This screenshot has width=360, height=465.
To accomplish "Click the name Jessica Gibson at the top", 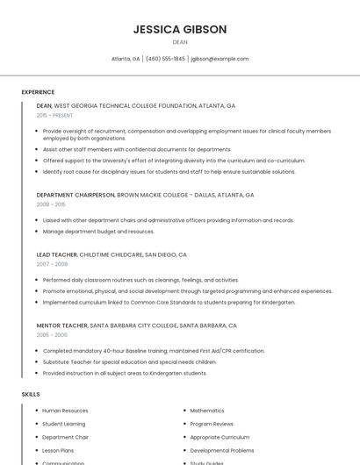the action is coord(180,29).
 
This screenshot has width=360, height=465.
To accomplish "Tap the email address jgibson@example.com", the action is coord(220,59).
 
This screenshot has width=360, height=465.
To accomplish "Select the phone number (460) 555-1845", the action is coord(165,59).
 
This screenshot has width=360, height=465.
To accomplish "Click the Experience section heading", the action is coord(38,92).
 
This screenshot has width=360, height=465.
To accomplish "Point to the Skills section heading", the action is coord(31,394).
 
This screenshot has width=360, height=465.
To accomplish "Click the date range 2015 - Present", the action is coord(54,115).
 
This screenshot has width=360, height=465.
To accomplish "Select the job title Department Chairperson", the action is coord(76,195).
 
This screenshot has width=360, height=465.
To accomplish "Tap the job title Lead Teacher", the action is coord(57,254).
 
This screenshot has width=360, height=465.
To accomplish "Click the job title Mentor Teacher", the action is coord(61,325).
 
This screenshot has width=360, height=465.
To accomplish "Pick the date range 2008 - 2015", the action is coord(51,204).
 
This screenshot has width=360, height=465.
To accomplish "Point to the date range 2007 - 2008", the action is coord(52,264).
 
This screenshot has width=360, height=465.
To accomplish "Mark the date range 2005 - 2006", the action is coord(52,335).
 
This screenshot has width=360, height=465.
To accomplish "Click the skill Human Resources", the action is coord(65,411).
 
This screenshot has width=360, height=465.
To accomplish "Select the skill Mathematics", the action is coord(207,411).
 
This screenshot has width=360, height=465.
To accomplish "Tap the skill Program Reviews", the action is coord(212,424).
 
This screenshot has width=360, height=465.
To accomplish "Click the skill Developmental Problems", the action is coord(221,450).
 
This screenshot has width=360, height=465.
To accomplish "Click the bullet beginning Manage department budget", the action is coord(98,232).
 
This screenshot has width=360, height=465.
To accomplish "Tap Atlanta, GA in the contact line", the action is coord(126,59).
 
